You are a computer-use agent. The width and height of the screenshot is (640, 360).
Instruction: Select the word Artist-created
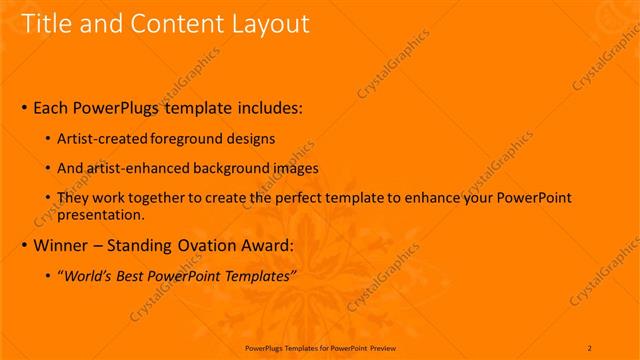click(x=104, y=140)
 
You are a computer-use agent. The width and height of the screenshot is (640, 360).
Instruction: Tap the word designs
click(x=250, y=140)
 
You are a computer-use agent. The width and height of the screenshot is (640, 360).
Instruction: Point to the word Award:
click(x=264, y=244)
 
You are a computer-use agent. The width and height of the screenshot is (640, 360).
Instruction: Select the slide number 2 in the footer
click(x=590, y=347)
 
